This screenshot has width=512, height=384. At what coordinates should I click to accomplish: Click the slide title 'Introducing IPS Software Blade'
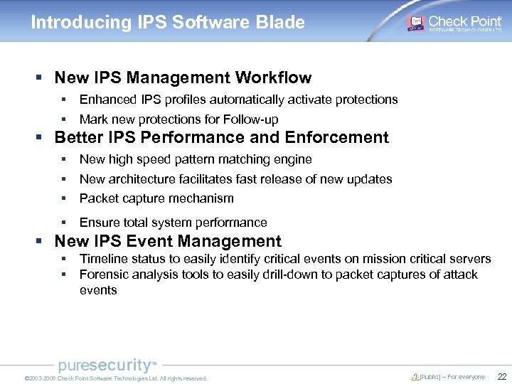[168, 22]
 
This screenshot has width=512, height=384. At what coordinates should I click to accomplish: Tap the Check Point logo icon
[416, 23]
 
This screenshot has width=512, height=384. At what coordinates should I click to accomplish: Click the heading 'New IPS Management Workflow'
[183, 78]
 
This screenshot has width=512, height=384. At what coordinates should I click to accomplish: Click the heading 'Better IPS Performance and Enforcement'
[221, 137]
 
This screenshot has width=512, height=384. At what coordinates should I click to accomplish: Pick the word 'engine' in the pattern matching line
[293, 159]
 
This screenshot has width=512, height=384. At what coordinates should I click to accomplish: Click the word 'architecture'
[141, 179]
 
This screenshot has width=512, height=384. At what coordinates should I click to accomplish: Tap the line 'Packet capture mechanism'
[156, 198]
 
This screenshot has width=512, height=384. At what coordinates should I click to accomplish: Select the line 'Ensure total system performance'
[174, 223]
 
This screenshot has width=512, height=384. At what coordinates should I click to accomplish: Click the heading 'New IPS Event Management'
[168, 241]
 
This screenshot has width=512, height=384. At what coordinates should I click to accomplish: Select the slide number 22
[501, 377]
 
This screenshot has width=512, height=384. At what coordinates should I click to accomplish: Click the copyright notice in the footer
[115, 378]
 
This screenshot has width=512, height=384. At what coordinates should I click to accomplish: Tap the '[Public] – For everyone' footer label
[452, 377]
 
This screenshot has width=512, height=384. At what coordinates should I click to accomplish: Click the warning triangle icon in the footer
[415, 377]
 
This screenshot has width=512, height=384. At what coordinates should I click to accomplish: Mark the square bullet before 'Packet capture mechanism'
[63, 198]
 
